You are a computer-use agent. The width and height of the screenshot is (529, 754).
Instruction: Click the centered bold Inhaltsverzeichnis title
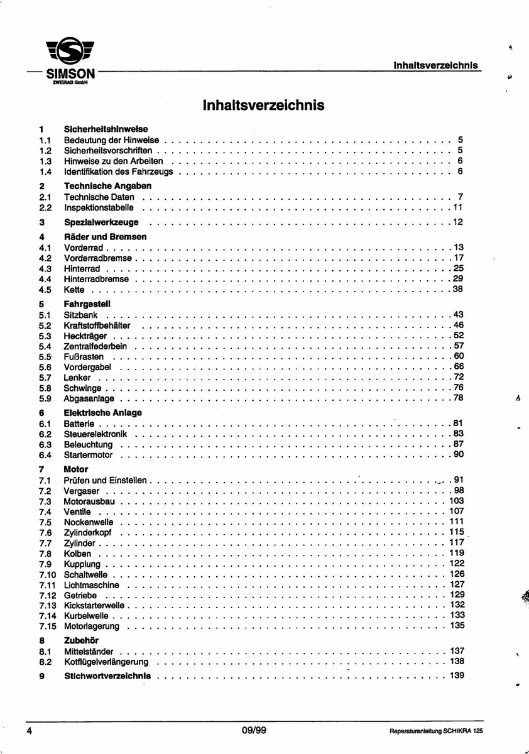264,105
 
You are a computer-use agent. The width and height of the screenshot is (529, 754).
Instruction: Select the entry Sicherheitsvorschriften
108,151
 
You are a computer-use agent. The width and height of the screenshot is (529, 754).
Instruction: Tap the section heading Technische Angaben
107,186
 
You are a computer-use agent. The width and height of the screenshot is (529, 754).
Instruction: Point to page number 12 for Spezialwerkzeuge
457,222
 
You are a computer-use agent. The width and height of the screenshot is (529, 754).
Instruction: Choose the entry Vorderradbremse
98,258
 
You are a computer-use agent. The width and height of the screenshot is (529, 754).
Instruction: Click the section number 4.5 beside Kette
45,290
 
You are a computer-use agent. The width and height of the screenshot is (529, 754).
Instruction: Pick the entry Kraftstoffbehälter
97,325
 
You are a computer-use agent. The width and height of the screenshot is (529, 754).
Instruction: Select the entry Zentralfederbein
95,346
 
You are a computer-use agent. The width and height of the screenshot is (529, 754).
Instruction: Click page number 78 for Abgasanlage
457,398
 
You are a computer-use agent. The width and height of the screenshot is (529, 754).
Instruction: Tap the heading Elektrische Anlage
103,413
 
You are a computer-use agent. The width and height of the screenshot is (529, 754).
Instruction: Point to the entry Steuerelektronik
95,434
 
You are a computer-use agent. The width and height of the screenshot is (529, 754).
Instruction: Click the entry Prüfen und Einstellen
105,481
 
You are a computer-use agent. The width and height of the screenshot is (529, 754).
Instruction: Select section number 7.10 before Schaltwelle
47,574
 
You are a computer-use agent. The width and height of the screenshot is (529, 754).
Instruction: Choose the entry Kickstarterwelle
94,606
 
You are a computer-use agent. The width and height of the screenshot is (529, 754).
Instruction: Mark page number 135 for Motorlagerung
457,626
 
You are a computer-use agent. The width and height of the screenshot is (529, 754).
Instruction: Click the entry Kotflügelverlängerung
106,662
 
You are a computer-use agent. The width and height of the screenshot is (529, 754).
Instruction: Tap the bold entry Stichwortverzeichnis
107,676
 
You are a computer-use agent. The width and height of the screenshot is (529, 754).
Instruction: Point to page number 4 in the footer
30,730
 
